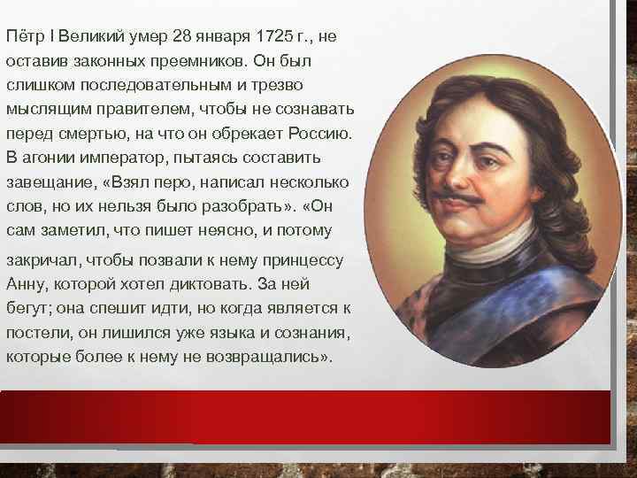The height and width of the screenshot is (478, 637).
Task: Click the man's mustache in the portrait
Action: pyautogui.click(x=468, y=198)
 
